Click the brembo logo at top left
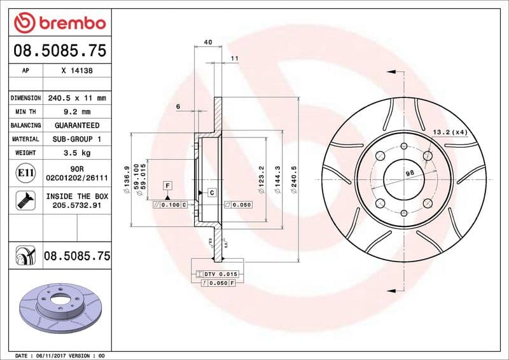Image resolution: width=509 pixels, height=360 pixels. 59,23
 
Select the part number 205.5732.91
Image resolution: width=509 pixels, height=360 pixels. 76,206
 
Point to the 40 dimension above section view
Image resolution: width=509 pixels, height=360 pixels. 207,42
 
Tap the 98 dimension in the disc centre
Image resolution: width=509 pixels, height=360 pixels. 409,173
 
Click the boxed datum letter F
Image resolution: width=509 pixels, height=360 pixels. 168,185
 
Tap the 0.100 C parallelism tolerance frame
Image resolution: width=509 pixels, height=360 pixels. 171,205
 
